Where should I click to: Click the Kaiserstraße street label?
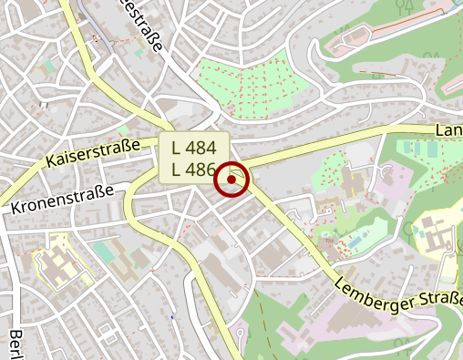[x=93, y=154]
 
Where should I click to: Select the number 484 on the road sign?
[x=201, y=147]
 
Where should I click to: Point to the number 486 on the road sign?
[x=201, y=169]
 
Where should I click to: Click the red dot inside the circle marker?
[x=231, y=180]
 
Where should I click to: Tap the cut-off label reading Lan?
[x=448, y=131]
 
